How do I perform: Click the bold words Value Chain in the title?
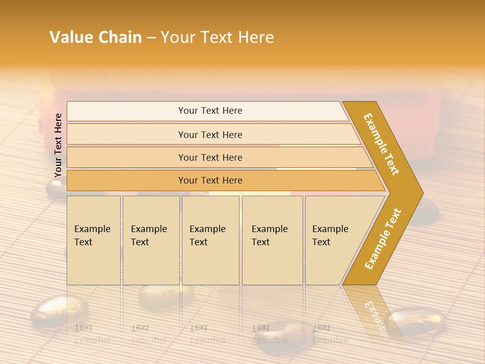tap(95, 37)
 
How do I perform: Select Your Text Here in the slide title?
tap(217, 37)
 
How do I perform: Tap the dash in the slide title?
tap(151, 38)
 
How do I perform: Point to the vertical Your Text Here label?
tap(58, 146)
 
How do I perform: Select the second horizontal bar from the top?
tap(210, 134)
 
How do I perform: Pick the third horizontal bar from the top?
tap(210, 158)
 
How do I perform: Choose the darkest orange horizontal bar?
tap(210, 180)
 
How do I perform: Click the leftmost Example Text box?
tap(93, 240)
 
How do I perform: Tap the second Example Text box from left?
tap(151, 240)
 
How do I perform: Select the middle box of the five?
tap(210, 240)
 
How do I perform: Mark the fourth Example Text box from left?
tap(272, 240)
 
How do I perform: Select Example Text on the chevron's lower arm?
tap(383, 239)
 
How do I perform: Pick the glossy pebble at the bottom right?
tap(415, 322)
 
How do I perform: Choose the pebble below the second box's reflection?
tap(166, 296)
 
